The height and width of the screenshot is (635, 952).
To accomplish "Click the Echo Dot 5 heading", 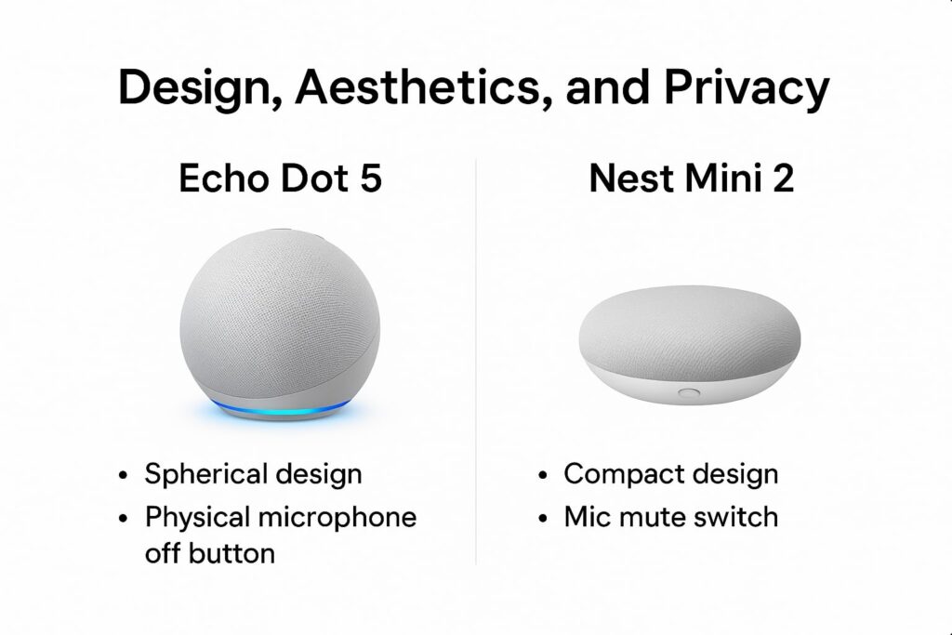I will coord(280,179).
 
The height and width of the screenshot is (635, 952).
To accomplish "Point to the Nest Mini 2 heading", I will coord(692,179).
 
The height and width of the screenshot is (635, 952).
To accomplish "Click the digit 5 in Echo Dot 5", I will coord(371,179).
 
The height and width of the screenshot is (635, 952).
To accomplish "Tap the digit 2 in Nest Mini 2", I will coord(783,179).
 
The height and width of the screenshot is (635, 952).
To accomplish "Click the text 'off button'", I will coord(210,553).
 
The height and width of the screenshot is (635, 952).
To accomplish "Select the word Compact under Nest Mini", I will coord(619,473).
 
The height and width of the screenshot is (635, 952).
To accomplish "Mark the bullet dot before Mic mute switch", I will coord(544,518).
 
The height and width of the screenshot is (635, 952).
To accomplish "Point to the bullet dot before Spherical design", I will coord(124,476).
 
